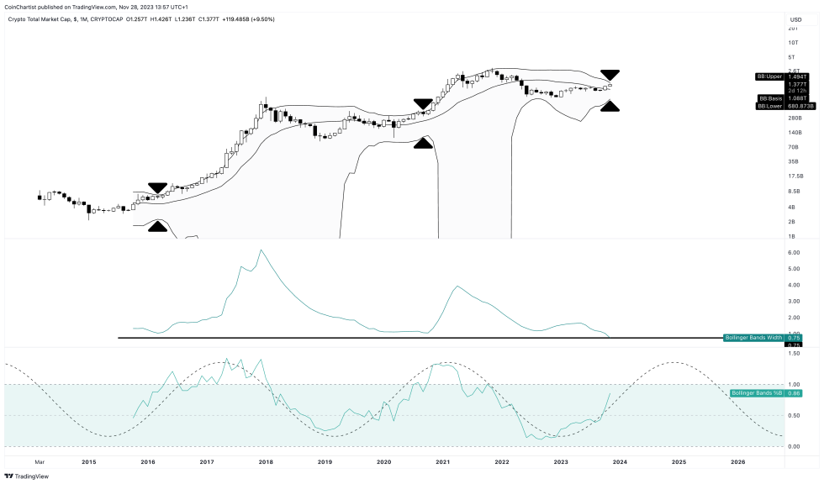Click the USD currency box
794,19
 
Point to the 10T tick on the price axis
793,42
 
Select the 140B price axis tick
793,133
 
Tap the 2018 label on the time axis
266,462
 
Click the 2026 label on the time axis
737,462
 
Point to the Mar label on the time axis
39,462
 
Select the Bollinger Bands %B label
757,393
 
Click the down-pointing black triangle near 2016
157,189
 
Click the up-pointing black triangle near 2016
157,226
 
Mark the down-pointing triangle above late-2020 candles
424,105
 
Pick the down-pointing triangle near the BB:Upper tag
610,76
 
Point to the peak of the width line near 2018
261,250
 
